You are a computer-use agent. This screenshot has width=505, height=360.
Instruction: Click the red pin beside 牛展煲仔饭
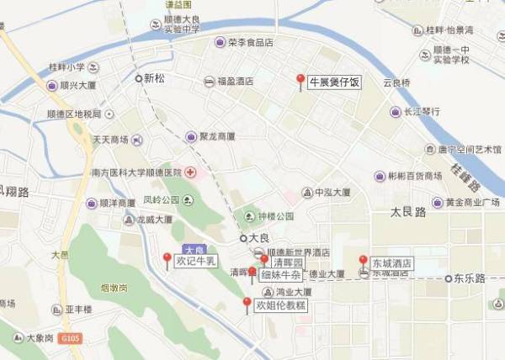click(x=300, y=80)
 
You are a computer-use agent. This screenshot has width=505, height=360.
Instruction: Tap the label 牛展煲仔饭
click(x=334, y=82)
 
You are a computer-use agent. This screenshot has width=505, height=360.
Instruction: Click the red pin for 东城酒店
click(x=363, y=261)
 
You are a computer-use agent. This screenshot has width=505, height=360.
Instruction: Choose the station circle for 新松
click(x=139, y=78)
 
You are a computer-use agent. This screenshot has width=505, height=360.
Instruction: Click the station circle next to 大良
click(x=244, y=238)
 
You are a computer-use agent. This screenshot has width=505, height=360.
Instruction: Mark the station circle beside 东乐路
click(x=447, y=278)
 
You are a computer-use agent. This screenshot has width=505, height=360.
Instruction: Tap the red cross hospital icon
click(x=191, y=172)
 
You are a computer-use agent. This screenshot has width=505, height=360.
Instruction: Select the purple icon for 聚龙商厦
click(x=191, y=136)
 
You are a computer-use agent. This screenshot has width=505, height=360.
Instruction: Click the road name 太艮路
click(x=409, y=211)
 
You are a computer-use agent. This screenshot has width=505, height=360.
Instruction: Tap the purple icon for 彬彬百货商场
click(x=380, y=177)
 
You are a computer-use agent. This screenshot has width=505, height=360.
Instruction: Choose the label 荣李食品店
click(x=250, y=42)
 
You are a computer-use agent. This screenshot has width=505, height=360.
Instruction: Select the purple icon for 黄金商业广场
click(x=437, y=202)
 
